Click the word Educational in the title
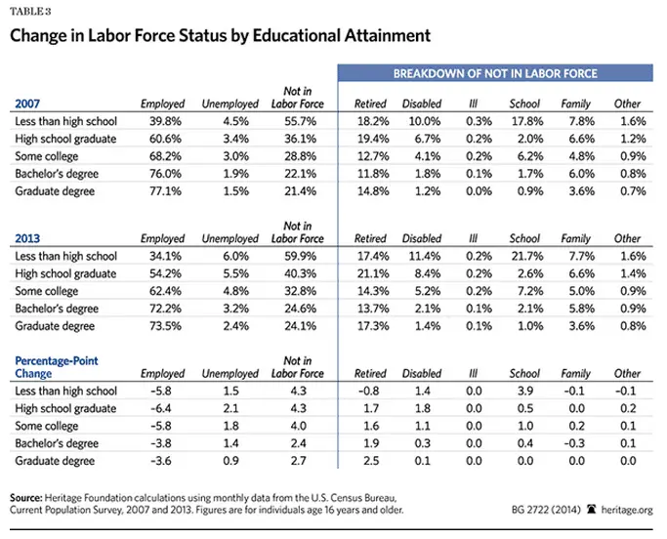click(x=293, y=36)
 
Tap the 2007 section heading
click(x=26, y=103)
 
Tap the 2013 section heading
click(x=26, y=237)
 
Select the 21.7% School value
click(x=524, y=256)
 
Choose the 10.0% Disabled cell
click(x=422, y=121)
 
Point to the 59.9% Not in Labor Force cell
click(x=297, y=256)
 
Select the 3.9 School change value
click(x=524, y=391)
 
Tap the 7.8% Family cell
click(x=576, y=121)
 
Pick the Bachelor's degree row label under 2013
click(x=57, y=309)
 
